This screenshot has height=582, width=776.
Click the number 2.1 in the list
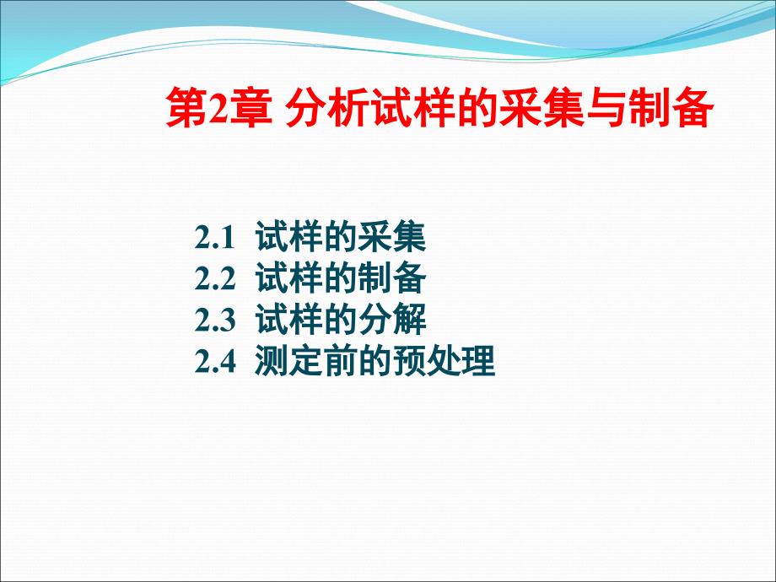(213, 238)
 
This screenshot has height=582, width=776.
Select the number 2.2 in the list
(215, 278)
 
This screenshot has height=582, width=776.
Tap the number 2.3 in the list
(215, 320)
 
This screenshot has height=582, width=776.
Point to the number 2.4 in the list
(215, 361)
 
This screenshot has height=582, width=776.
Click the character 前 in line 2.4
(340, 361)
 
